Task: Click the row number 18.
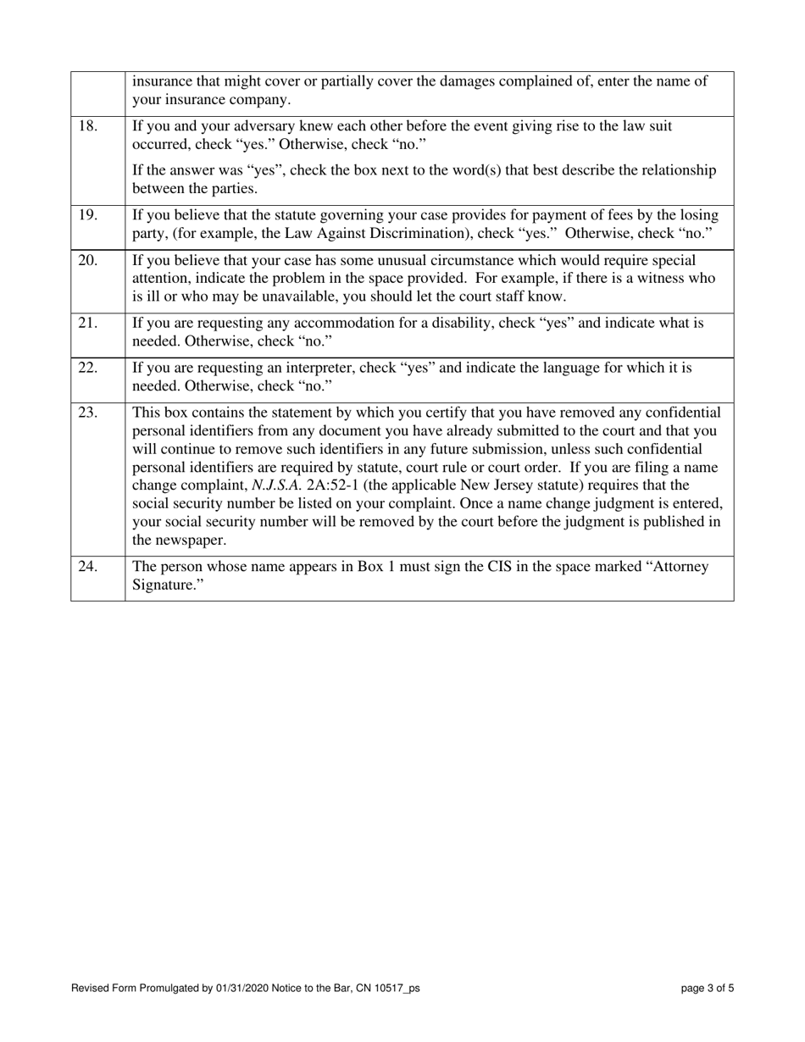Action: [x=87, y=126]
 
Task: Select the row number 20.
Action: [x=87, y=260]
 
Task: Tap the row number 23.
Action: [x=87, y=413]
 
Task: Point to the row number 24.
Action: [x=87, y=567]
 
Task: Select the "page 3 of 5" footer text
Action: [x=708, y=988]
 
